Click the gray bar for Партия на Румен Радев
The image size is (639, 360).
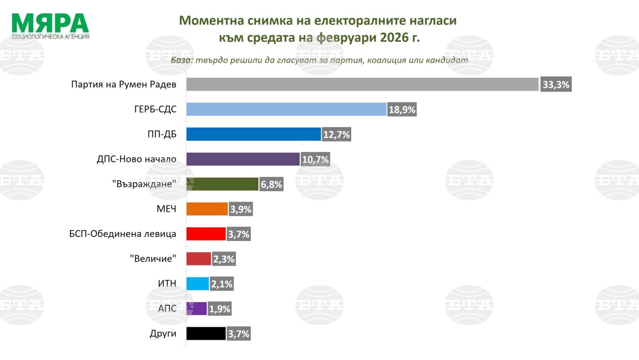362,84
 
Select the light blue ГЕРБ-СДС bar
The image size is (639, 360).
286,109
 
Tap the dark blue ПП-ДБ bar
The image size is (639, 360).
253,134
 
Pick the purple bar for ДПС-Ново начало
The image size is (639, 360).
243,159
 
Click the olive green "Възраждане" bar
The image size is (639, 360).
222,184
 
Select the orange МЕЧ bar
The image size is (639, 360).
207,209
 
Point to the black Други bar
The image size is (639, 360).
206,333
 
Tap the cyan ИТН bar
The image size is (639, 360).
197,283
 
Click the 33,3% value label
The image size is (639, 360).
556,84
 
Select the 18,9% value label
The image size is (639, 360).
402,110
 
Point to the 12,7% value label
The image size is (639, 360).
337,134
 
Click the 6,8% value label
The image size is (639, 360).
272,184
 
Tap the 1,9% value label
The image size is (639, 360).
220,309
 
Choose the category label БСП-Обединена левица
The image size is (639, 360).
123,234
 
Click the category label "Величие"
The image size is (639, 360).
153,258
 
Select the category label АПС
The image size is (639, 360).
167,308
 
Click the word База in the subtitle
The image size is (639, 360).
182,60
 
